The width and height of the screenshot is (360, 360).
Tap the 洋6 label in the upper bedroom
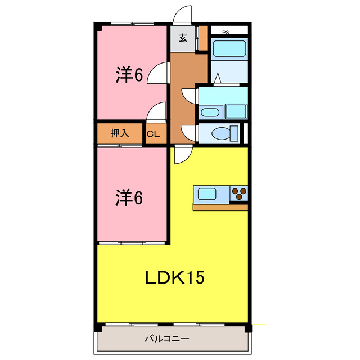[x=129, y=75]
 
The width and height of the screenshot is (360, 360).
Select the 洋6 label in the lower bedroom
[x=129, y=197]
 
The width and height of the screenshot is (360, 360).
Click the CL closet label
[x=154, y=134]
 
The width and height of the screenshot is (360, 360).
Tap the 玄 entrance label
[x=183, y=38]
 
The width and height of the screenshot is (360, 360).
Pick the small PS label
[x=225, y=32]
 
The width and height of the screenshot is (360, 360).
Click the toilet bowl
[x=220, y=134]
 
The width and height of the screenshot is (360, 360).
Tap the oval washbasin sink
[x=210, y=112]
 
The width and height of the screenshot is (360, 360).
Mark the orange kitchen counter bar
[x=220, y=207]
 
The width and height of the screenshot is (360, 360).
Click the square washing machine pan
[x=236, y=111]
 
